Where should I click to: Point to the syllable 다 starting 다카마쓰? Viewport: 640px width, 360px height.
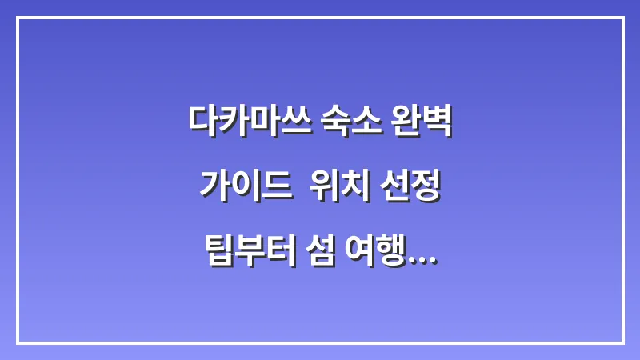pyautogui.click(x=202, y=121)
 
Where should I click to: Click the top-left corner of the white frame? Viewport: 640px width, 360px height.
pyautogui.click(x=18, y=18)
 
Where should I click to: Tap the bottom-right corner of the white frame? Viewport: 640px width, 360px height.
pyautogui.click(x=622, y=342)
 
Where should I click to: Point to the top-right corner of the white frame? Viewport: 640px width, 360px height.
pyautogui.click(x=622, y=18)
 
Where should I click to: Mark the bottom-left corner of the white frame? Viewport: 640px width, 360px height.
pyautogui.click(x=18, y=342)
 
